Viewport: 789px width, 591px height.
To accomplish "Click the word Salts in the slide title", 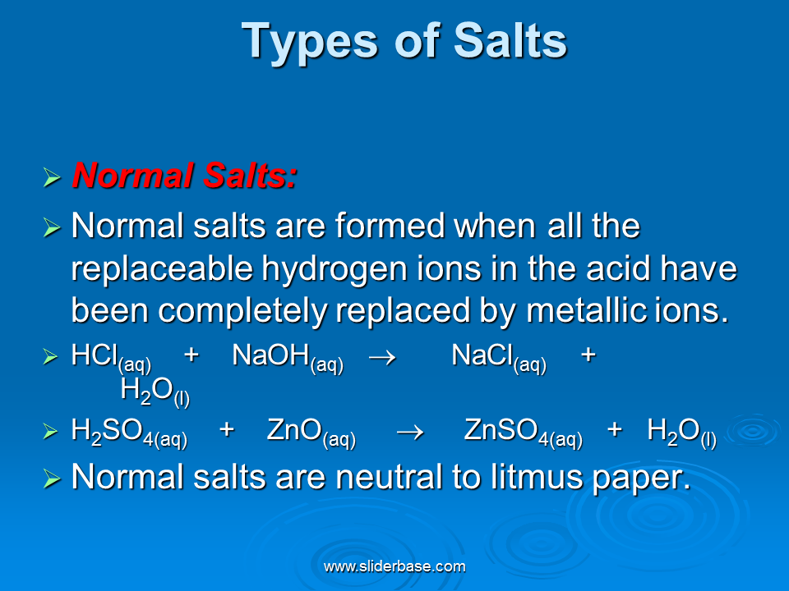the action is (x=510, y=41).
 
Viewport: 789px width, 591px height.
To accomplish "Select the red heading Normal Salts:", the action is (x=185, y=176).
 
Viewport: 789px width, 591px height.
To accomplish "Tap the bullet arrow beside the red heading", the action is (x=52, y=177).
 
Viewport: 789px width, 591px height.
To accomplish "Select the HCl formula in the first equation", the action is (x=111, y=358).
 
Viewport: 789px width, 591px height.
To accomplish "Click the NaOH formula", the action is (x=288, y=358).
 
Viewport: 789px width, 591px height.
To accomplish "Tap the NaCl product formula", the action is (x=499, y=358).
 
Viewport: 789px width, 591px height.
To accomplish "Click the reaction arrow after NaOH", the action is (x=382, y=357).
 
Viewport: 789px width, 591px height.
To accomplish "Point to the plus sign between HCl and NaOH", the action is (x=191, y=355).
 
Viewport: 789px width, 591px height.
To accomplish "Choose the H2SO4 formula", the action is (x=129, y=433).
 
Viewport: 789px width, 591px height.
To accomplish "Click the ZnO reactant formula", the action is (x=311, y=433).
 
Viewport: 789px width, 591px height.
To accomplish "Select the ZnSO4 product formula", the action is (x=524, y=433).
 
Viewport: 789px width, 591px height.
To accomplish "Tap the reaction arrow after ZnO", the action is (x=410, y=433).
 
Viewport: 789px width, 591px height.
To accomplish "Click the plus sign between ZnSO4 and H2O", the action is (x=615, y=429).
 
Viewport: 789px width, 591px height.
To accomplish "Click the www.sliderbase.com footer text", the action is (x=394, y=566).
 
